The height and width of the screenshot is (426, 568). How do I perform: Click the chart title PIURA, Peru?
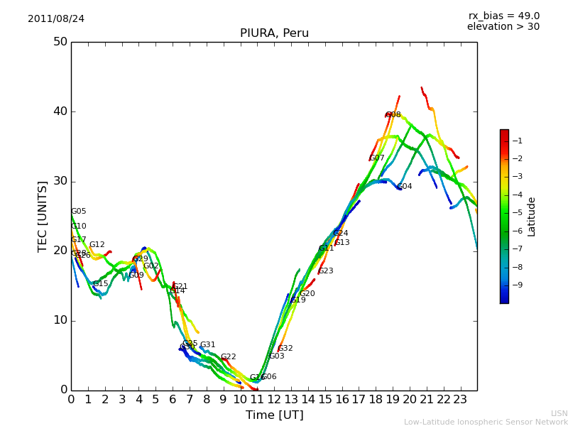(x=274, y=33)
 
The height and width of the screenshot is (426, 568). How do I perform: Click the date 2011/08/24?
(x=56, y=18)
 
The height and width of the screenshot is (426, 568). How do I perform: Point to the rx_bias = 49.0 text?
(x=504, y=16)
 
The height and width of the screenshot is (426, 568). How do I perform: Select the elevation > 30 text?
(x=503, y=27)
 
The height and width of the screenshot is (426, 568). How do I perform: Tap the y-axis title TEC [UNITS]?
(x=43, y=216)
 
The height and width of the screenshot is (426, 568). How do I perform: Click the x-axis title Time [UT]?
(x=274, y=415)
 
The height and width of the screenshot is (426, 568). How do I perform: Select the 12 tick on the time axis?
(x=274, y=399)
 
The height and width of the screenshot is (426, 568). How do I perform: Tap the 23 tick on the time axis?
(x=460, y=399)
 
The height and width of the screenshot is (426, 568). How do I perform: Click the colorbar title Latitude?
(x=531, y=216)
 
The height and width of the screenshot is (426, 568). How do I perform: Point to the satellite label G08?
(x=393, y=114)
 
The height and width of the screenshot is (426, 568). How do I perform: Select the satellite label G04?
(x=405, y=187)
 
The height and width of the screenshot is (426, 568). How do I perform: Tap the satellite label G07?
(x=376, y=158)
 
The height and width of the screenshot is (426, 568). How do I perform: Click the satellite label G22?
(x=229, y=357)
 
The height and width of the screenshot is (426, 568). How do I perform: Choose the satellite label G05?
(x=79, y=212)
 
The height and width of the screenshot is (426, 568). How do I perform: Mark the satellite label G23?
(x=326, y=271)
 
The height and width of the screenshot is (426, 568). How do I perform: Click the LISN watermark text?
(x=559, y=413)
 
